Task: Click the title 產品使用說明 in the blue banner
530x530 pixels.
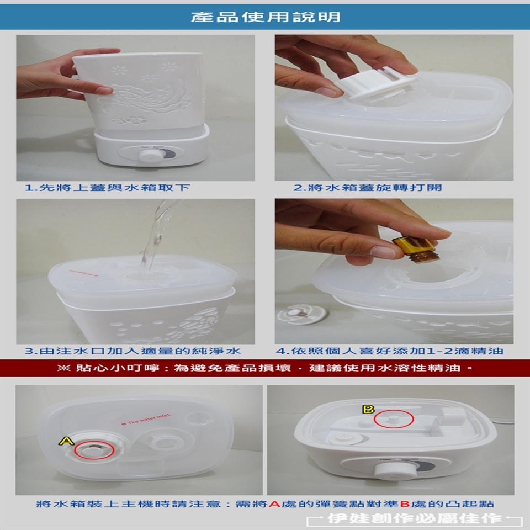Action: tap(266, 17)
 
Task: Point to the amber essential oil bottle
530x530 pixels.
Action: tap(416, 249)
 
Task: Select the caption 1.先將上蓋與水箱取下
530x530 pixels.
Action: tap(108, 187)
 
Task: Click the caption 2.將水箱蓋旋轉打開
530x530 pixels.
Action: tap(368, 187)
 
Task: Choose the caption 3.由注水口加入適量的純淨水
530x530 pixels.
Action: tap(133, 351)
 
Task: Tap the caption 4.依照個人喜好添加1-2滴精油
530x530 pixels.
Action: tap(390, 351)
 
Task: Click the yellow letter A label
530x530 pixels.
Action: tap(67, 441)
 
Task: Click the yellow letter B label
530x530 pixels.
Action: tap(368, 409)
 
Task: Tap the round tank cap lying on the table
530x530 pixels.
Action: tap(302, 314)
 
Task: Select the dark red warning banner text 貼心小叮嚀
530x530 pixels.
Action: tap(117, 368)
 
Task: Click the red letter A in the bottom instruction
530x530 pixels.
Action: tap(274, 504)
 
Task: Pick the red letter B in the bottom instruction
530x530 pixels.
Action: tap(405, 504)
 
